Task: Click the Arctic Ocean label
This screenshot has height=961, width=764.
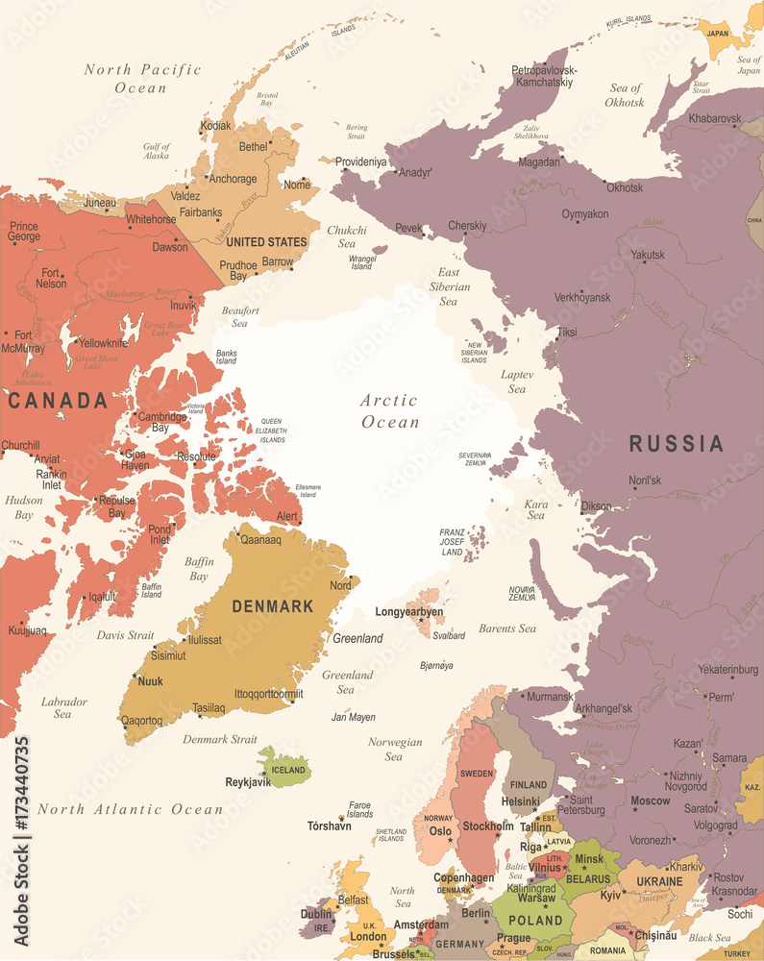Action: (x=390, y=410)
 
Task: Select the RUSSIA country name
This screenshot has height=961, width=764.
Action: (x=676, y=443)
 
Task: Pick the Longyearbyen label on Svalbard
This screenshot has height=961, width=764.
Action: (x=409, y=611)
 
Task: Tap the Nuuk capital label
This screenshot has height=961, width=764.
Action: (x=150, y=681)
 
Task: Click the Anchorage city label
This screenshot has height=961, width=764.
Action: (x=233, y=179)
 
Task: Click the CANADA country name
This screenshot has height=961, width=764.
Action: (x=59, y=400)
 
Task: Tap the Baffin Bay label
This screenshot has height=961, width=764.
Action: (x=198, y=568)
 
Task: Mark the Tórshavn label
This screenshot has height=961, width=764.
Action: (x=329, y=825)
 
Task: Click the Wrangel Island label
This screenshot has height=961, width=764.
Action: (x=361, y=261)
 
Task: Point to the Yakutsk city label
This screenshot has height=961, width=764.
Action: (x=648, y=255)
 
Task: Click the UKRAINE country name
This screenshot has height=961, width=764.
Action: (x=659, y=881)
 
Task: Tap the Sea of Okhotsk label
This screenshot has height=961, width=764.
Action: (x=626, y=94)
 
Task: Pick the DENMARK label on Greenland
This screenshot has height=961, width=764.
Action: (x=272, y=606)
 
